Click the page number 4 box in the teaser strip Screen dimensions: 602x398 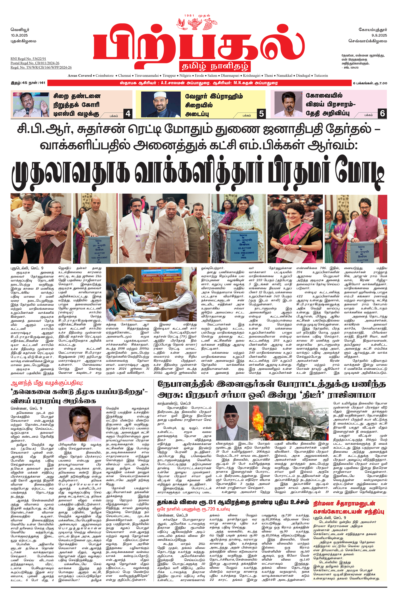coord(128,114)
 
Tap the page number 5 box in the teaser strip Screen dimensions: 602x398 coord(261,114)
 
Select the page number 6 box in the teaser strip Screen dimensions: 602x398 coord(382,113)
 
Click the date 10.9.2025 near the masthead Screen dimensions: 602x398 coord(19,35)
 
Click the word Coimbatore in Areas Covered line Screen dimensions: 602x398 coord(105,75)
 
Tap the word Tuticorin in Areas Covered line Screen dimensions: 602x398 coord(321,75)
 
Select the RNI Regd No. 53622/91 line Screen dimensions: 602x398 coord(28,59)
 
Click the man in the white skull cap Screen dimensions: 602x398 coord(161,104)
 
